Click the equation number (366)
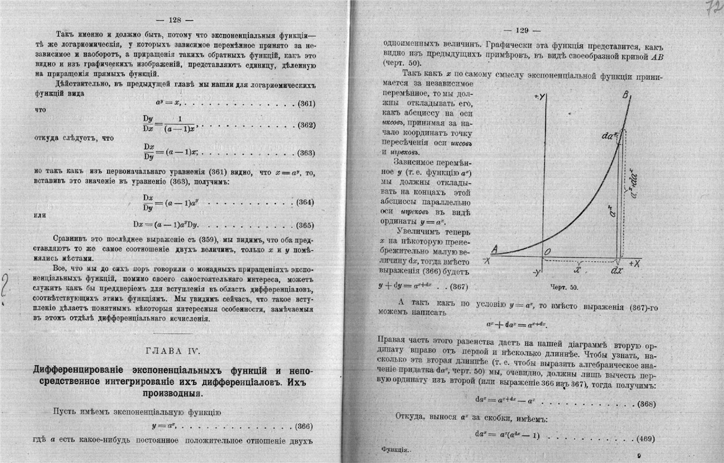[x=302, y=426]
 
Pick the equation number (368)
[x=646, y=404]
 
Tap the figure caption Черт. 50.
[x=564, y=287]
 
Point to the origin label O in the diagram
[x=548, y=250]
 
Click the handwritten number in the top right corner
[x=712, y=9]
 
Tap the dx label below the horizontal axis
[x=617, y=271]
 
